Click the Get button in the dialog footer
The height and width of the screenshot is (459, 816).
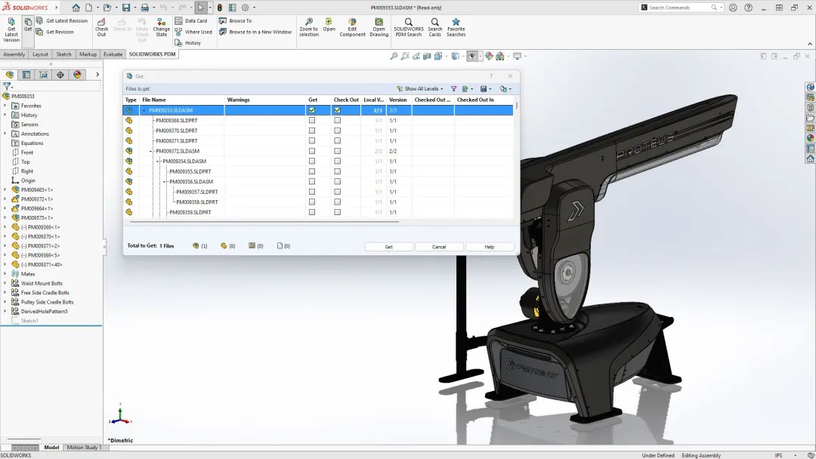tap(388, 247)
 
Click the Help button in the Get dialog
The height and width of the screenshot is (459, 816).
tap(489, 247)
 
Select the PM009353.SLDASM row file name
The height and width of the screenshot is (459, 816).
tap(171, 110)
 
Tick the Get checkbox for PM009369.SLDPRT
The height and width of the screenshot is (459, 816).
tap(312, 120)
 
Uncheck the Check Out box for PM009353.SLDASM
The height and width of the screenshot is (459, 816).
tap(338, 110)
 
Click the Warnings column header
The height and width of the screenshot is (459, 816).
tap(238, 100)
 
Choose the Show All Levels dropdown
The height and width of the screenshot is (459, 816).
tap(422, 89)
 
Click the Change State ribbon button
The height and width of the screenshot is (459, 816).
tap(162, 27)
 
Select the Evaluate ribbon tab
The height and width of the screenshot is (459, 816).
tap(113, 54)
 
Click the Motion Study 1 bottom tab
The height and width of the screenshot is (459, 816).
tap(84, 448)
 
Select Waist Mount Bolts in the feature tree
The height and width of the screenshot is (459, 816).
tap(42, 284)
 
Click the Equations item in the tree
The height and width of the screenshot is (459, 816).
tap(32, 143)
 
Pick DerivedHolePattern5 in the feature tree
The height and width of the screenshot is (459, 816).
tap(44, 311)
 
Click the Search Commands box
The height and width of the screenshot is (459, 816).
tap(678, 8)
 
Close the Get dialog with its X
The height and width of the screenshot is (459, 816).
tap(510, 76)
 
